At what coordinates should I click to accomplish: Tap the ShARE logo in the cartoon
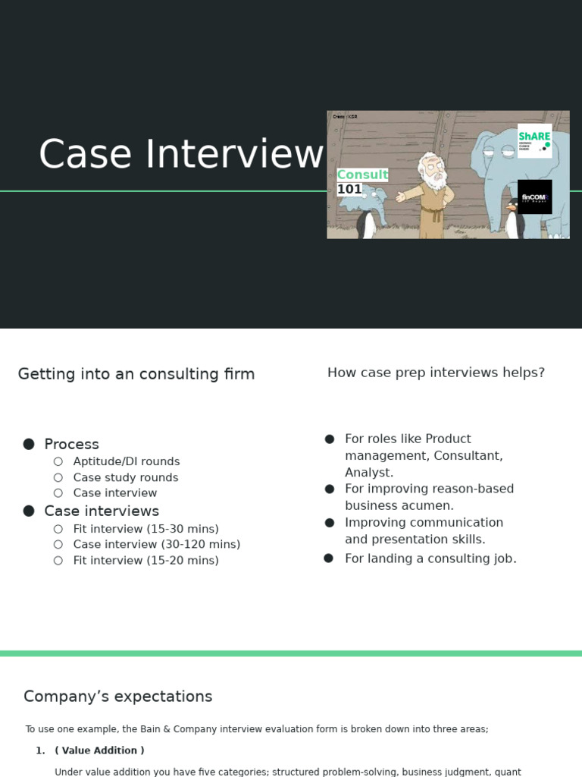pos(534,140)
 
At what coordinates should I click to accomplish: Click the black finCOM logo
pos(534,197)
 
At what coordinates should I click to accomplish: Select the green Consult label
pos(362,175)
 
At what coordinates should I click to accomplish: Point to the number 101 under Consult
pos(349,189)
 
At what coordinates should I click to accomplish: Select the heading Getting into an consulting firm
pos(136,374)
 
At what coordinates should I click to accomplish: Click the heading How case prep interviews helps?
pos(436,373)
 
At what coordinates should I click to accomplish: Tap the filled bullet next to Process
pos(29,444)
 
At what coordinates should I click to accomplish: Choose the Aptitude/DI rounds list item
pos(127,461)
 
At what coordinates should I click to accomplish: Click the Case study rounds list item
pos(126,477)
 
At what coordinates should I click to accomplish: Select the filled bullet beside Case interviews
pos(29,511)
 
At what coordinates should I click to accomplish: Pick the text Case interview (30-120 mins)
pos(157,544)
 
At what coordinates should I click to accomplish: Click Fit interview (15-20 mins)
pos(146,560)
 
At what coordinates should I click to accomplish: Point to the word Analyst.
pos(369,472)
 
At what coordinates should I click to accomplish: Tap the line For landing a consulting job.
pos(430,558)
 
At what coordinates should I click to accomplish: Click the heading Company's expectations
pos(118,697)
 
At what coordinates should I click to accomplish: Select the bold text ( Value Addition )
pos(99,750)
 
